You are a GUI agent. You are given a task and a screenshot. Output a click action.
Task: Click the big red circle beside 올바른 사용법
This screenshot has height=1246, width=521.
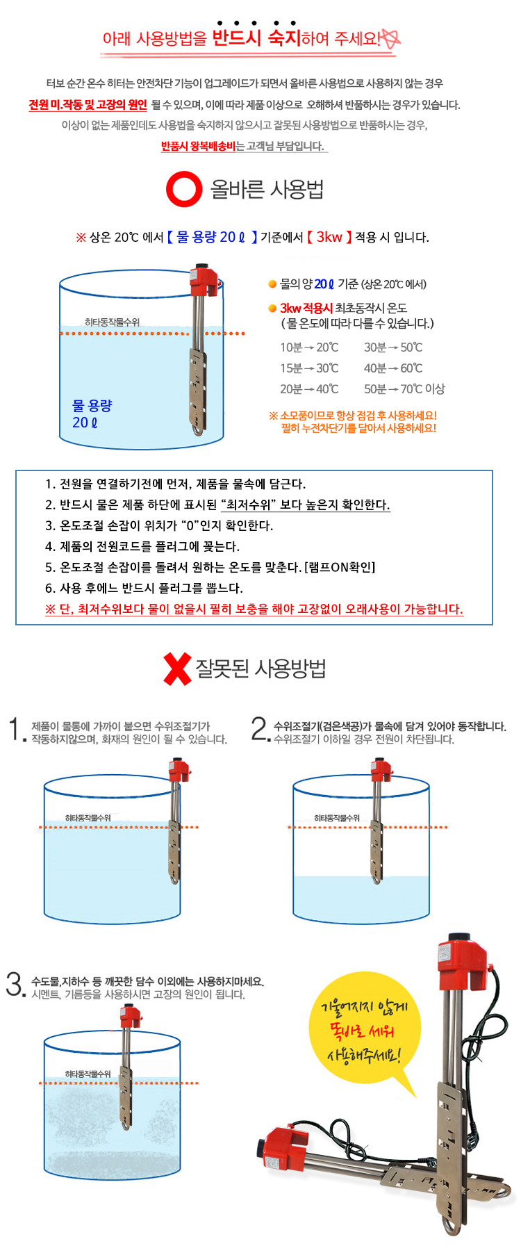coord(184,189)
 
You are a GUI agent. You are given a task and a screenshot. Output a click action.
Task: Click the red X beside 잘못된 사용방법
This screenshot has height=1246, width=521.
coord(177,669)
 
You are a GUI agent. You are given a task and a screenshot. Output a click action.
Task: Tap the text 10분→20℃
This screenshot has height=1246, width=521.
coord(309,347)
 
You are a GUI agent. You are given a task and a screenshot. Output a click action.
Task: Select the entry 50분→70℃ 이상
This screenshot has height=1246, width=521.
coord(404,389)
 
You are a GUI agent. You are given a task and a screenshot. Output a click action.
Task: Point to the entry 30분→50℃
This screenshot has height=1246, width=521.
coord(393,347)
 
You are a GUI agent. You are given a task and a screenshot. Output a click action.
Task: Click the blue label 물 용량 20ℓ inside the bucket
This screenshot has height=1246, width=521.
coord(92,413)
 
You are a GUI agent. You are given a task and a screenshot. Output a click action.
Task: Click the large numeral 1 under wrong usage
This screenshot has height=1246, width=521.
coord(15,730)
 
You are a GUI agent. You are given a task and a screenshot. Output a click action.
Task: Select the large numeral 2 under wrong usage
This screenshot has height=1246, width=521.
coord(258,729)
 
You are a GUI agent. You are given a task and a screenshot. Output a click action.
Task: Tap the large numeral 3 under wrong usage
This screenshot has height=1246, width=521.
coord(14,984)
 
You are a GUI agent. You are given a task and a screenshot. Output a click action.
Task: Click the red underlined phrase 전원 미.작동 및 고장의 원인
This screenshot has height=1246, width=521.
coord(88,105)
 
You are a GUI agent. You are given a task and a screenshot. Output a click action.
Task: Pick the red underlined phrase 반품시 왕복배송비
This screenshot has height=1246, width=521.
coord(198,146)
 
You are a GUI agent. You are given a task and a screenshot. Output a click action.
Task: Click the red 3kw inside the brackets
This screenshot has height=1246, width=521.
coord(329,237)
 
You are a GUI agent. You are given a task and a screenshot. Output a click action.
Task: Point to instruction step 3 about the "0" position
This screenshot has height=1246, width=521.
coord(159,525)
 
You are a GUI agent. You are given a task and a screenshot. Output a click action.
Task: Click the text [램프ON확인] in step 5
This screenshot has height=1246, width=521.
coord(340,567)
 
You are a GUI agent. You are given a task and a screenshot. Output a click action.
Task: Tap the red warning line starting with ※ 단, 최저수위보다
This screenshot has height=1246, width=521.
coord(254,609)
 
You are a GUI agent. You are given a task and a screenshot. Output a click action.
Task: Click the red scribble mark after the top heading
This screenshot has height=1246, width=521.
coord(390,38)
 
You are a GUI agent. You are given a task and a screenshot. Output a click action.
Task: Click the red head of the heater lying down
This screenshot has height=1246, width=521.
coord(286,1143)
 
